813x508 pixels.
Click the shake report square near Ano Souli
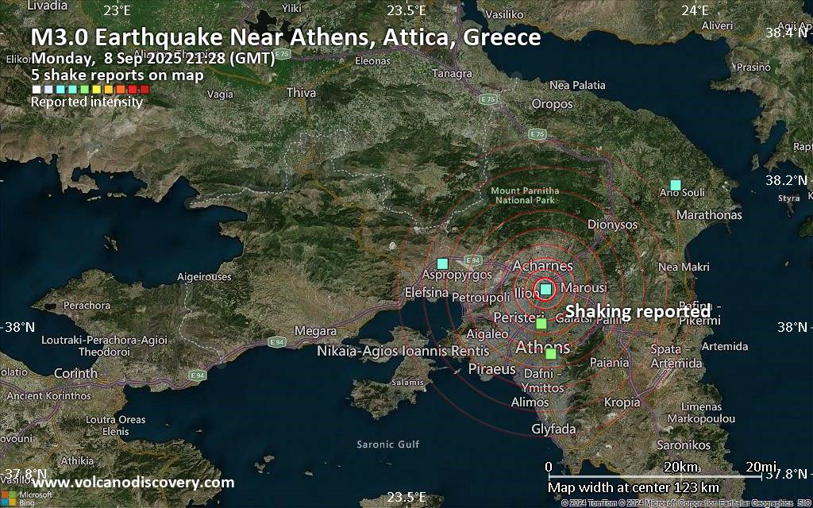(x=676, y=185)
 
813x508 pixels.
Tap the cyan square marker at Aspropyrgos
(x=443, y=263)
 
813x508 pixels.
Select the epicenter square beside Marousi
(x=545, y=289)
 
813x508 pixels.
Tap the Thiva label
(x=301, y=93)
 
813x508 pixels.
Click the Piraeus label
(x=492, y=369)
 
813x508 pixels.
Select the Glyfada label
(x=553, y=429)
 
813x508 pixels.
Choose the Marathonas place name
(x=709, y=215)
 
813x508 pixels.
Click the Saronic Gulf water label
(x=387, y=444)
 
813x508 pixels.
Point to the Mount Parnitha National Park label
(x=525, y=195)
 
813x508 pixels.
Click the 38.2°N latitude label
(x=784, y=180)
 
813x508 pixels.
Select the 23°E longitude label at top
(x=117, y=10)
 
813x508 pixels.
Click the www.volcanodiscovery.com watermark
(x=133, y=483)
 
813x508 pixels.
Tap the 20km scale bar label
(x=681, y=466)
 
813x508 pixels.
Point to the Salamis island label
(x=408, y=382)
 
